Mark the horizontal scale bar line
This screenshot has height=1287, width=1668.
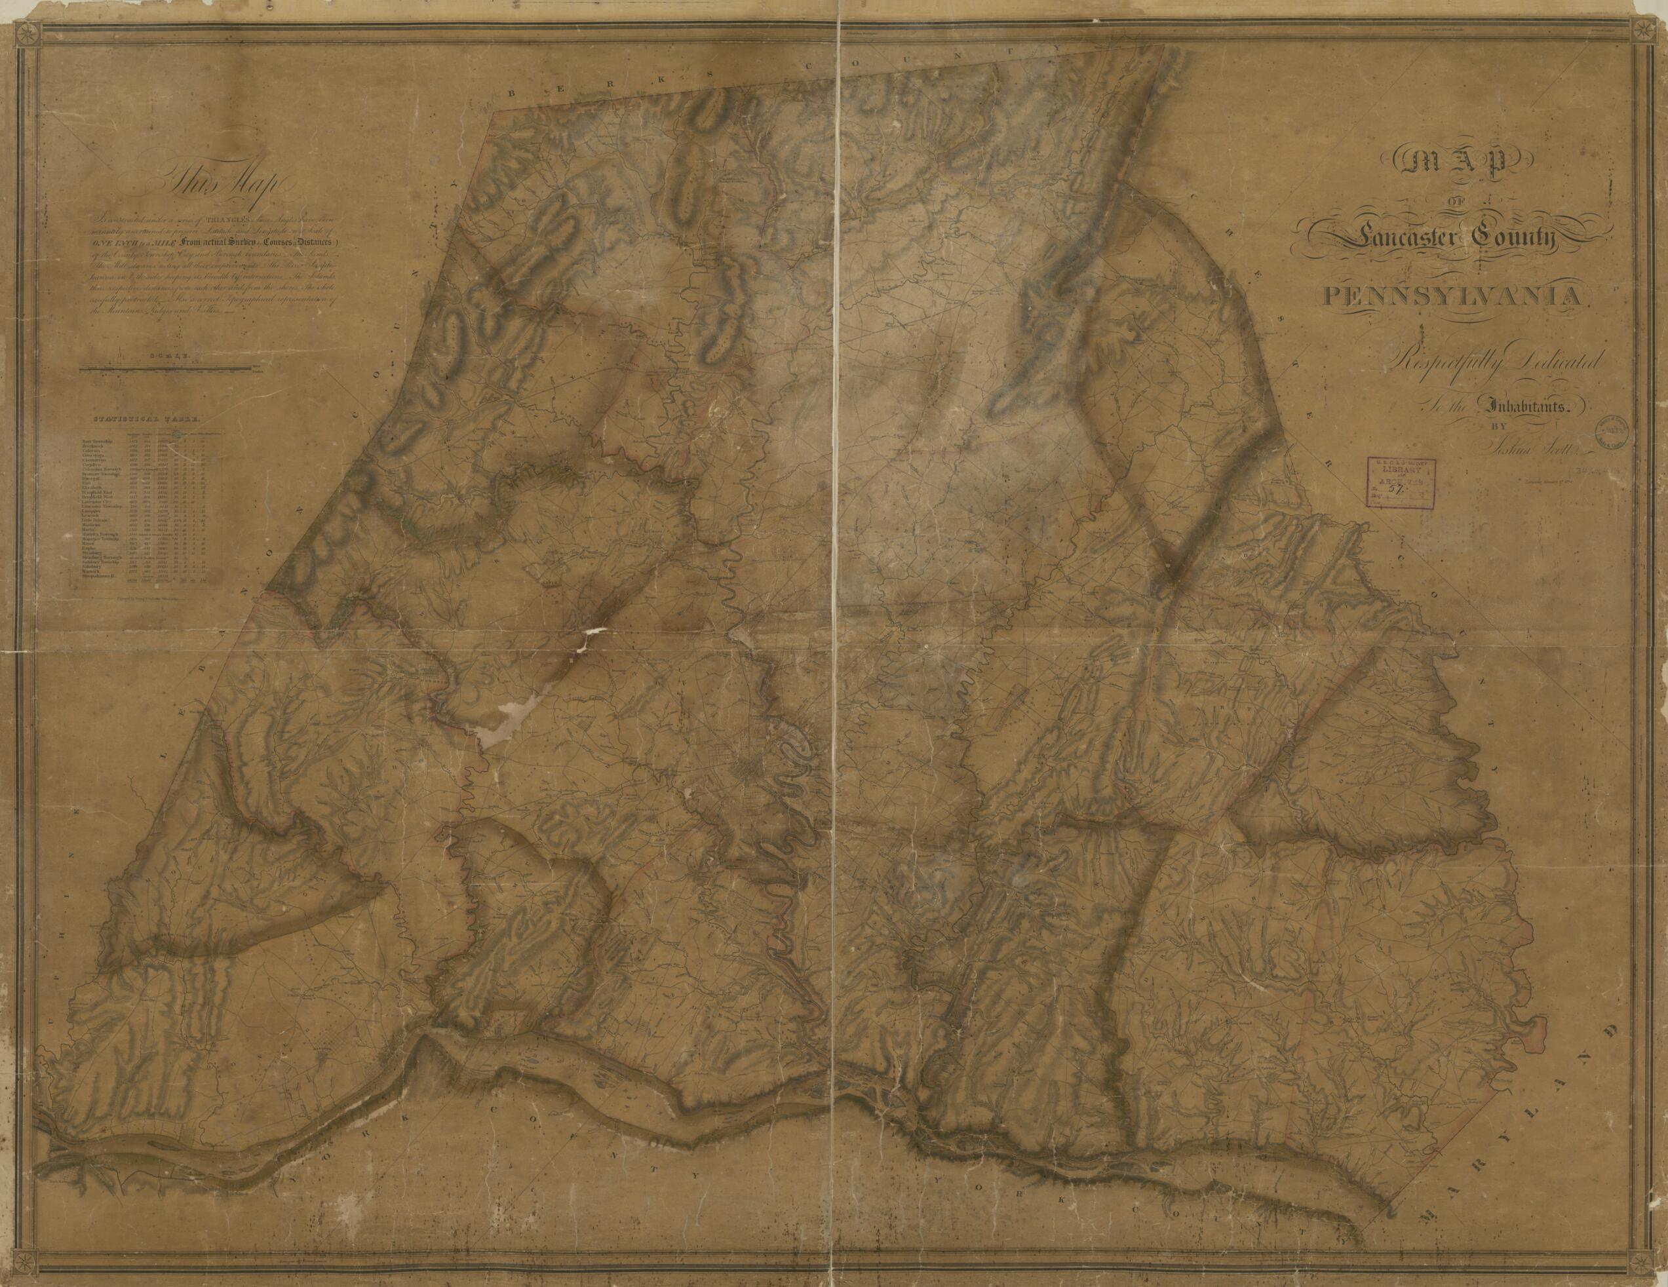coord(167,370)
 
